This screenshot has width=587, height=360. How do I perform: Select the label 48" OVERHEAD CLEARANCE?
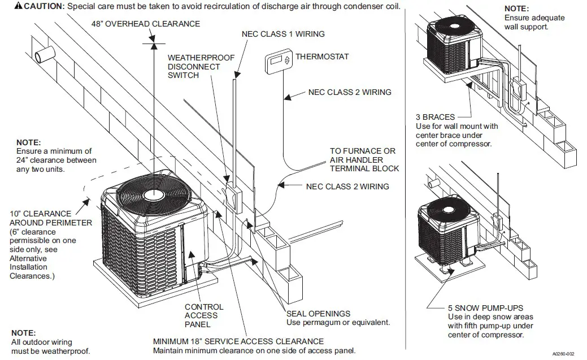146,24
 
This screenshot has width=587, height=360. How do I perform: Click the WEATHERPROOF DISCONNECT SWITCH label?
194,66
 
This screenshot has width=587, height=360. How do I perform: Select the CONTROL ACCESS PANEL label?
204,315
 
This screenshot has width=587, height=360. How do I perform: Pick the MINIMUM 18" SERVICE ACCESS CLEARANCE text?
238,341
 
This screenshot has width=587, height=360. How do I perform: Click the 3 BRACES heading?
435,117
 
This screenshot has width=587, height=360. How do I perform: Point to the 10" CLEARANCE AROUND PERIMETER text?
50,218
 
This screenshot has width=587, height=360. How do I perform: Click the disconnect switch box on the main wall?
233,195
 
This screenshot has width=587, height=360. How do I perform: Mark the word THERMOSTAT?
322,57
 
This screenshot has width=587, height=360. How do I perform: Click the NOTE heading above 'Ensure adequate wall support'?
516,9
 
